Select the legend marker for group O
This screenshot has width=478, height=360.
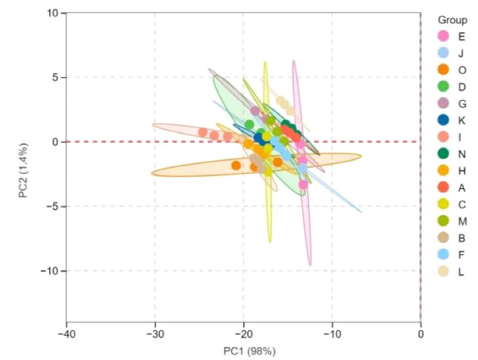tap(444, 70)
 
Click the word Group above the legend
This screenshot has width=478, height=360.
tap(452, 20)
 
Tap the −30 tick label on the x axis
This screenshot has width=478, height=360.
tap(155, 335)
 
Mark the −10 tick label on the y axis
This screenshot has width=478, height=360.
tap(50, 270)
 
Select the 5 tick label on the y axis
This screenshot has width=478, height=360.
tap(55, 78)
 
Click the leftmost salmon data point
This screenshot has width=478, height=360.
tap(203, 132)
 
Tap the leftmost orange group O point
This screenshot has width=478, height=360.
tap(236, 165)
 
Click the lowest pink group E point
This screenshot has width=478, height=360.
tap(303, 184)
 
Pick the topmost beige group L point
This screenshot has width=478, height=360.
tap(281, 100)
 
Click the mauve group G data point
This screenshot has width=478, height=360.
tap(255, 111)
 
